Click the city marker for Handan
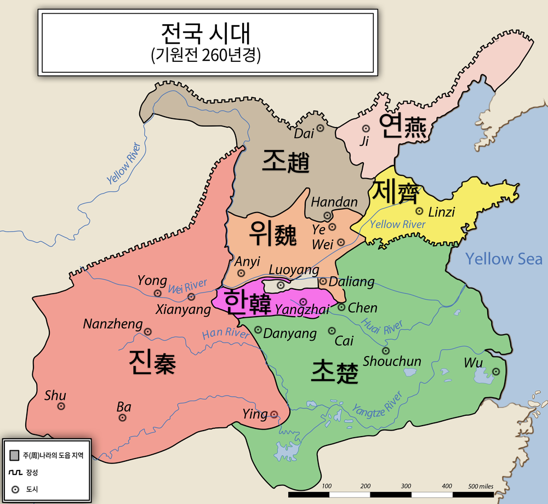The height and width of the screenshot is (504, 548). [x=327, y=215]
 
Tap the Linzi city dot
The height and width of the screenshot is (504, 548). [x=419, y=211]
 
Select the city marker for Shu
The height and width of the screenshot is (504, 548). [x=61, y=406]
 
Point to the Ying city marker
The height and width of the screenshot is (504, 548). [x=274, y=414]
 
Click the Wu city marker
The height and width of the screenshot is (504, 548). [x=496, y=371]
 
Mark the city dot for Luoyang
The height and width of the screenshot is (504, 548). [x=281, y=285]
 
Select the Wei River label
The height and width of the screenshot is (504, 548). [x=187, y=286]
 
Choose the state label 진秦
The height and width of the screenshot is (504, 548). [x=152, y=362]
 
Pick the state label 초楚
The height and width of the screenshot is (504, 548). [x=334, y=373]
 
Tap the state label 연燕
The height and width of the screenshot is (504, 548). [x=406, y=127]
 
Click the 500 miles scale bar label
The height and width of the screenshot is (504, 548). [x=481, y=486]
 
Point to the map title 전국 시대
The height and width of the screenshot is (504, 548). [x=206, y=33]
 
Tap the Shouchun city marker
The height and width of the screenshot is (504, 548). [x=386, y=351]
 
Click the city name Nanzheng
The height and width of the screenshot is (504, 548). [x=113, y=324]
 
